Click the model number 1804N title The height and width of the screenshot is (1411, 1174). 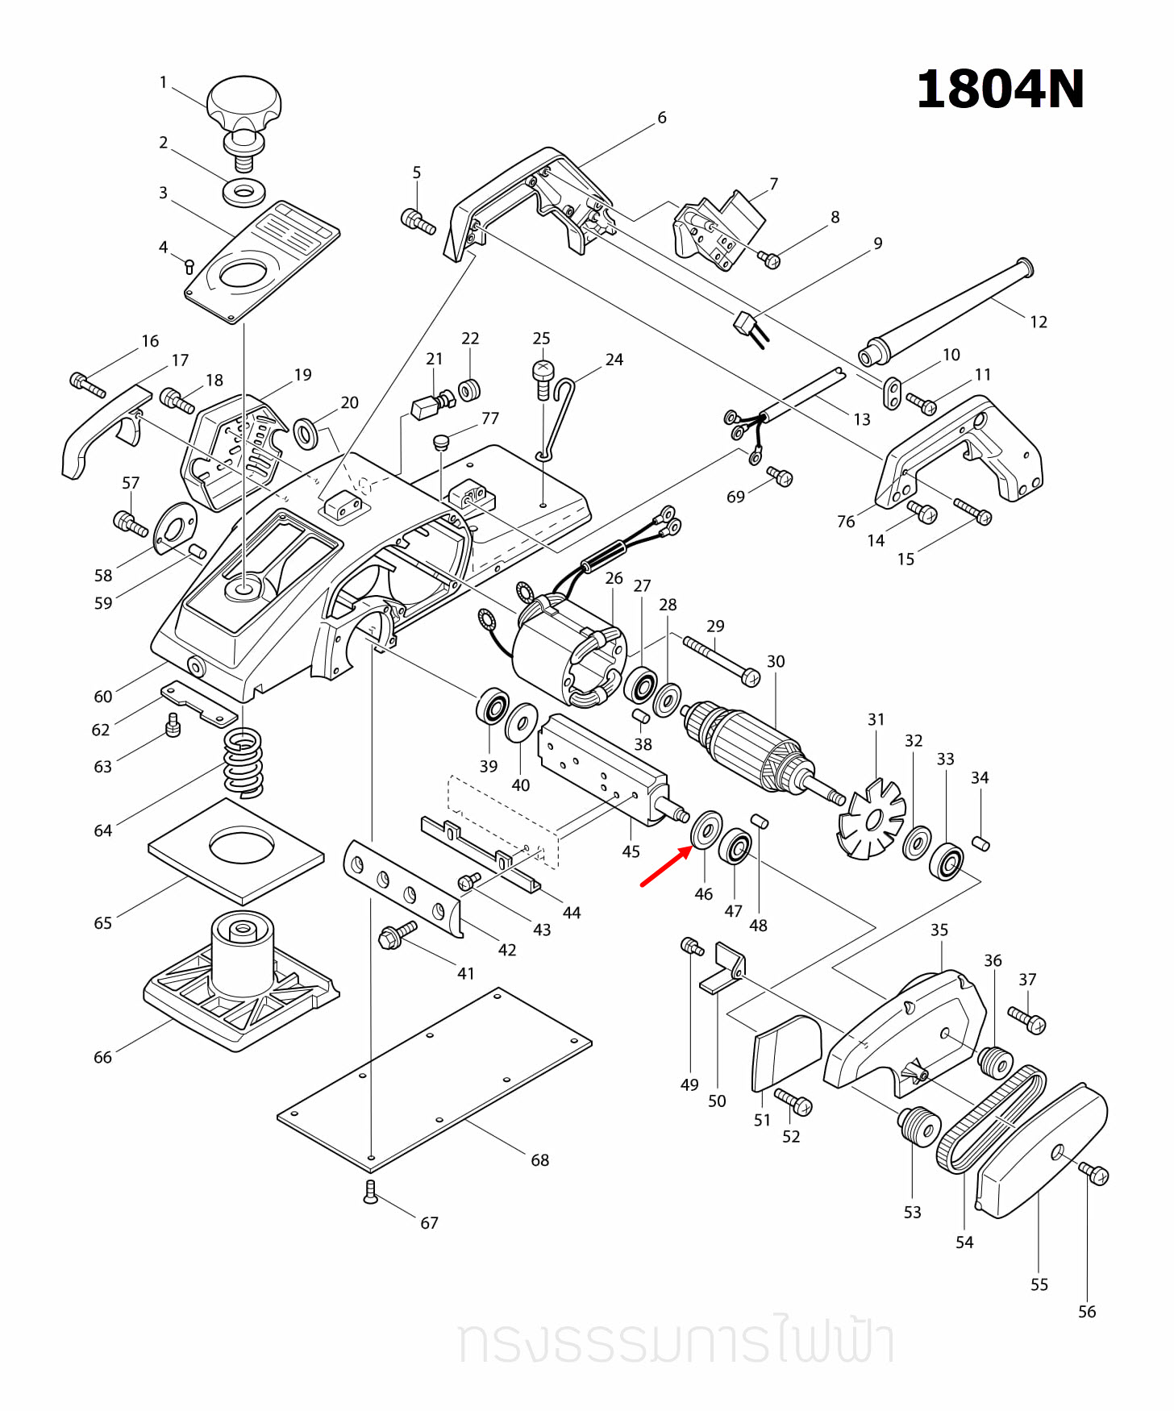pos(1000,89)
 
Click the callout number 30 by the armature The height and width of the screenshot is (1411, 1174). pos(776,661)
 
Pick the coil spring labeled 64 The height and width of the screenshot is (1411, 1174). pos(243,762)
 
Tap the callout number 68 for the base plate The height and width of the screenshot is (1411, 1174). pos(539,1159)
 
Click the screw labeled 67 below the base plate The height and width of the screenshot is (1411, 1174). pos(370,1192)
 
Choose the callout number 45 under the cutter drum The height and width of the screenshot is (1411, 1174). pos(631,851)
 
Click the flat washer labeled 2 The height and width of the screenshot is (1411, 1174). pos(244,193)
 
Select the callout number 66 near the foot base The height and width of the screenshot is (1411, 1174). pos(102,1057)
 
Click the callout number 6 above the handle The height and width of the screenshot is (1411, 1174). pos(661,118)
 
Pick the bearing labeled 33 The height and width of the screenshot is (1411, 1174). pos(947,862)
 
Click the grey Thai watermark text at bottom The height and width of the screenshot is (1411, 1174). pos(676,1342)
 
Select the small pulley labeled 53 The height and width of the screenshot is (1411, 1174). pos(919,1124)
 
